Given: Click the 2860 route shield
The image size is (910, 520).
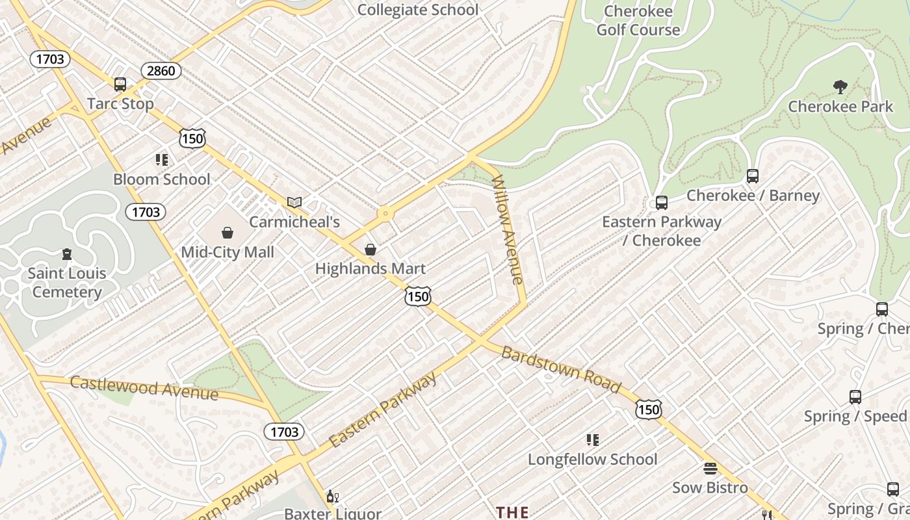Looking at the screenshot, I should coord(161,71).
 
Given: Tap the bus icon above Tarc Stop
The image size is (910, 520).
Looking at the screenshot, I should coord(120,84).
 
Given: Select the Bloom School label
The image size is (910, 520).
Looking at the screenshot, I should coord(161,179).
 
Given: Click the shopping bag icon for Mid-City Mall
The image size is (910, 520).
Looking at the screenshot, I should coord(227,233).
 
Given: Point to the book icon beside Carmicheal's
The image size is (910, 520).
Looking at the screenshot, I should coord(294,202).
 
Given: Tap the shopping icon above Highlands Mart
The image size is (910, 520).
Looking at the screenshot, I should coord(370,250).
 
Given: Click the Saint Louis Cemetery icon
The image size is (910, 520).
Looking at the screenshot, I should coord(66,254).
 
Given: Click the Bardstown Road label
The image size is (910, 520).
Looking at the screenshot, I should coord(561,370).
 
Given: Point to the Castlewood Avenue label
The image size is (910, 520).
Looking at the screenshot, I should coord(144,387).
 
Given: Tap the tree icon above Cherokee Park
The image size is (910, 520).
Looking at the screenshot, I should coord(840,86).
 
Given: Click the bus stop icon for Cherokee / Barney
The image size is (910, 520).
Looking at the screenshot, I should coord(752,175).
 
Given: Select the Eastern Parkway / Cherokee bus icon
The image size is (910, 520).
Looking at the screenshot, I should coord(661,202).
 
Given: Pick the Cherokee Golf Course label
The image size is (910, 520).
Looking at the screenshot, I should coord(638,20).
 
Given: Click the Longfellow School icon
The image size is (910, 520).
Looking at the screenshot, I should coord(592,440).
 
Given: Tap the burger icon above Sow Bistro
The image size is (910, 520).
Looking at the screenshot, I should coord(710,469).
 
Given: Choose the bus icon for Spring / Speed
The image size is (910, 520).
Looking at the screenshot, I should coord(855,396).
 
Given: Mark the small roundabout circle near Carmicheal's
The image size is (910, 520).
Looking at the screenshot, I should coord(385,213).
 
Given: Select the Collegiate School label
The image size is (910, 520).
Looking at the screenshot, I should coord(417,10).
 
